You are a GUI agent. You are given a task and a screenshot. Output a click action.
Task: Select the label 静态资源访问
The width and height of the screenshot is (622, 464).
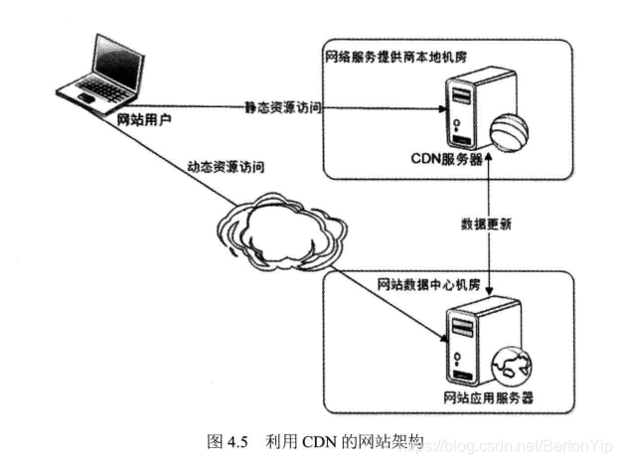coord(282,106)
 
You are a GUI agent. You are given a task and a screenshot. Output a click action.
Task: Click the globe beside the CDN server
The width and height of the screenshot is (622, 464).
coord(512,132)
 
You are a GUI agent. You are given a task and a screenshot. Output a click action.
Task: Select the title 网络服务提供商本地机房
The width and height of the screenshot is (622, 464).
coord(393,55)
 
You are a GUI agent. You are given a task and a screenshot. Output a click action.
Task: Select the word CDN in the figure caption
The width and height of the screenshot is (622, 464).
coord(316,438)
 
